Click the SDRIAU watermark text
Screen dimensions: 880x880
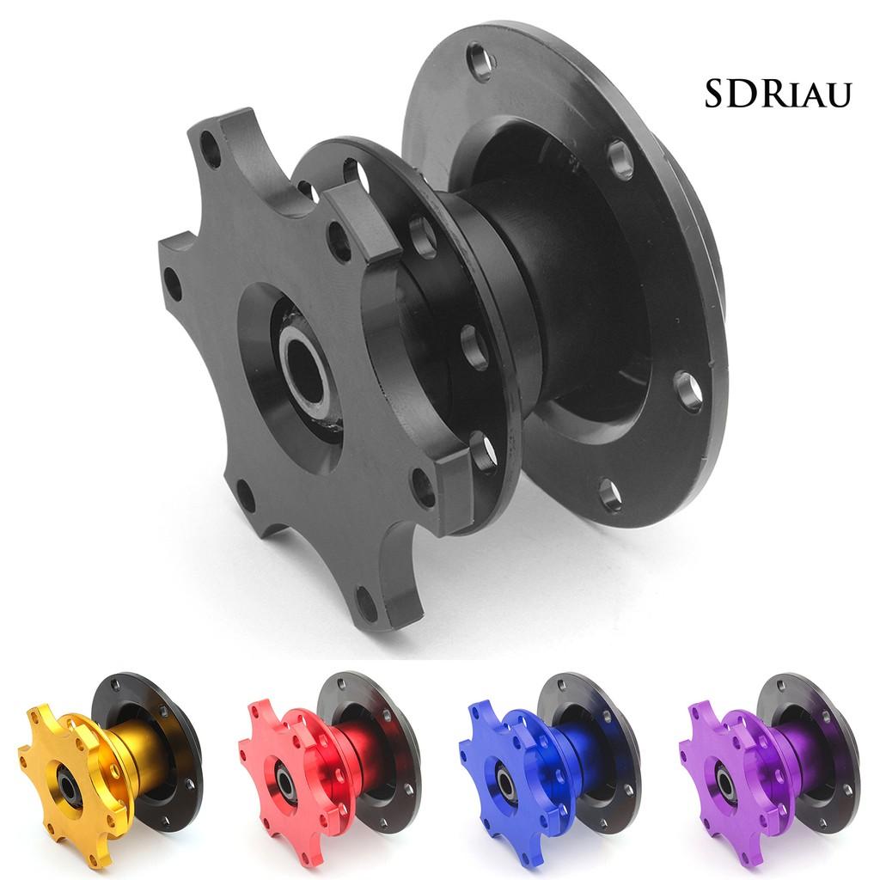tap(778, 94)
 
